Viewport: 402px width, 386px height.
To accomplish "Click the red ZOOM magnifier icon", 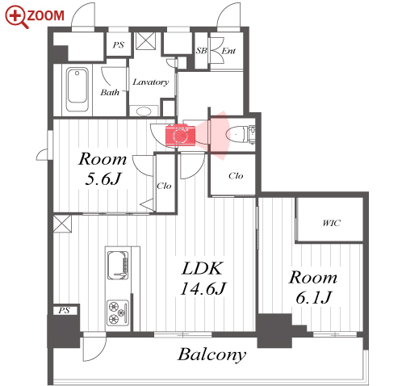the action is point(17,17).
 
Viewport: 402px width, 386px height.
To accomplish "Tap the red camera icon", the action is point(180,135).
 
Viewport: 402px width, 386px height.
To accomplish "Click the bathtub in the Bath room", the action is point(77,90).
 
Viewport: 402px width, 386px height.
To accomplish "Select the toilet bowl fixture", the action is point(237,134).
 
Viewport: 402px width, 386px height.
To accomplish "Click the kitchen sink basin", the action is point(118,266).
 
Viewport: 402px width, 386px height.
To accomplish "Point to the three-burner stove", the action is point(118,313).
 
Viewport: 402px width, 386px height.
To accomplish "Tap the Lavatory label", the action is point(151,82).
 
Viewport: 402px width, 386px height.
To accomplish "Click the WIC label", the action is point(331,223).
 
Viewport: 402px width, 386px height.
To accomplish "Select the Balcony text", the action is point(211,355).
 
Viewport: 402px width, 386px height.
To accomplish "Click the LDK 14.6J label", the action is point(203,279).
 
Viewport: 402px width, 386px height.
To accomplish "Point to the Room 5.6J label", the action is point(103,169).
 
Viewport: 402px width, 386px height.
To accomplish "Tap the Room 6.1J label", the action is point(313,287).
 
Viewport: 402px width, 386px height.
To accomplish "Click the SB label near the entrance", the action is point(201,51).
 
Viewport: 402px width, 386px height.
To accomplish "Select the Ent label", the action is point(228,51).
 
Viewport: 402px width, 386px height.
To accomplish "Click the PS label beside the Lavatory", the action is point(119,44).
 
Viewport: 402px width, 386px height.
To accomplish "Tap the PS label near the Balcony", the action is point(64,310).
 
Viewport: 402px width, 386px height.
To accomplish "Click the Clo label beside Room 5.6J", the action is point(164,186).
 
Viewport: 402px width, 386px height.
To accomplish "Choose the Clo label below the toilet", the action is point(236,176).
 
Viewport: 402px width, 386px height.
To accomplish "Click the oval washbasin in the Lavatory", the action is point(144,111).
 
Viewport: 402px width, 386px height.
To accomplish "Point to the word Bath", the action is point(110,92).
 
